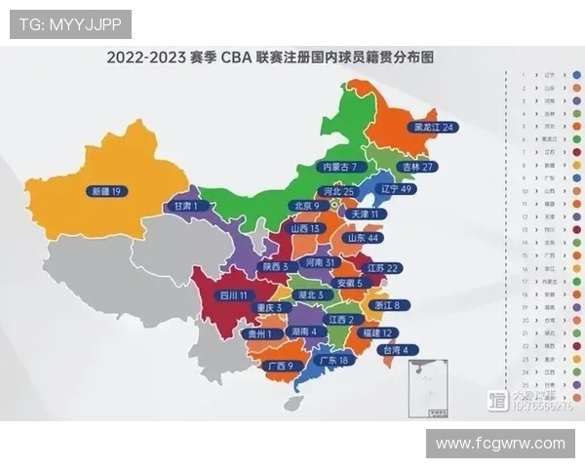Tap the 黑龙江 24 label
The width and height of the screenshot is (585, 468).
coord(433,127)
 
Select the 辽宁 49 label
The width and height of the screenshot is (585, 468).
coord(396,188)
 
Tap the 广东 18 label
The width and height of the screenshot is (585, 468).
coord(334,360)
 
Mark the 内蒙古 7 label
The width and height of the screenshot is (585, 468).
coord(344,167)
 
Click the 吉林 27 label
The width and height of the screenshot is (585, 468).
coord(415,167)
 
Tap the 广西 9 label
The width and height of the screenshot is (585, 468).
coord(278,366)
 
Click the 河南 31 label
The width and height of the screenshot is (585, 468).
coord(321,263)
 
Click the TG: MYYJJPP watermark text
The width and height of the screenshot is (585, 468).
coord(69,24)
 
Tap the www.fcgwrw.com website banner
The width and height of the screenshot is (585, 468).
coord(500,443)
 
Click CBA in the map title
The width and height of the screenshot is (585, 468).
coord(236,58)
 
